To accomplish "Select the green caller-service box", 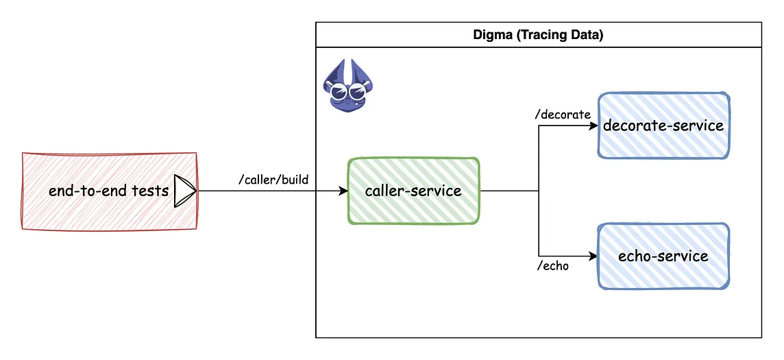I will [x=413, y=191].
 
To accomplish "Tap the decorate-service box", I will [x=663, y=126].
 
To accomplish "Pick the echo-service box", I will [x=663, y=256].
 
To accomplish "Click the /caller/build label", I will [x=273, y=180].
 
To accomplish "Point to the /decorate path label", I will [x=562, y=115].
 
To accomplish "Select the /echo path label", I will [x=553, y=266].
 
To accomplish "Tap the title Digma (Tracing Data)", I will [x=538, y=36].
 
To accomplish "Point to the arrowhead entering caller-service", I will [x=343, y=191].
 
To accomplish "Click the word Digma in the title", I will [x=491, y=36].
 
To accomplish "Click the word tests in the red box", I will [x=150, y=191].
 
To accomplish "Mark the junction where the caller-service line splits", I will [x=539, y=191].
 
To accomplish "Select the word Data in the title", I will [x=587, y=36].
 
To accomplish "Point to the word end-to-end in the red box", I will [x=88, y=191].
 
